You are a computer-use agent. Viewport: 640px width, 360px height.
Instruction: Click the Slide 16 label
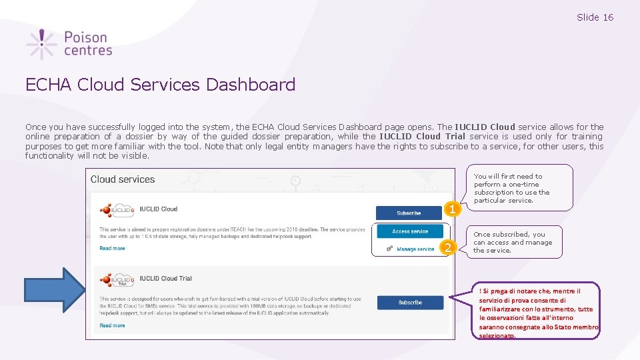coord(595,17)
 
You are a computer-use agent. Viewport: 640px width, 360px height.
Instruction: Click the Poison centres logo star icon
coord(42,45)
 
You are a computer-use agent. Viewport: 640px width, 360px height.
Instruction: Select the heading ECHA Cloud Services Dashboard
coord(160,85)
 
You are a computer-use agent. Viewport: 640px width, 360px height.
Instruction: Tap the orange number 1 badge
coord(453,209)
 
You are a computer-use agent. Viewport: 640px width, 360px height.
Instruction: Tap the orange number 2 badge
coord(449,249)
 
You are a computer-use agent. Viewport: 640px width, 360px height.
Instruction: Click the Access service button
coord(409,231)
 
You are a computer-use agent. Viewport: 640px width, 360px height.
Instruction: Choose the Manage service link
coord(415,249)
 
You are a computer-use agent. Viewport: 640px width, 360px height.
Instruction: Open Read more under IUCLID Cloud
coord(112,249)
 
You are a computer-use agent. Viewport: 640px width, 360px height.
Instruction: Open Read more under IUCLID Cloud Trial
coord(112,325)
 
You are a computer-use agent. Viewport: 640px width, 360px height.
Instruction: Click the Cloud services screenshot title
coord(123,179)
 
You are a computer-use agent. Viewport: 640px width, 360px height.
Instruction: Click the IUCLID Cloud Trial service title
coord(166,279)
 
